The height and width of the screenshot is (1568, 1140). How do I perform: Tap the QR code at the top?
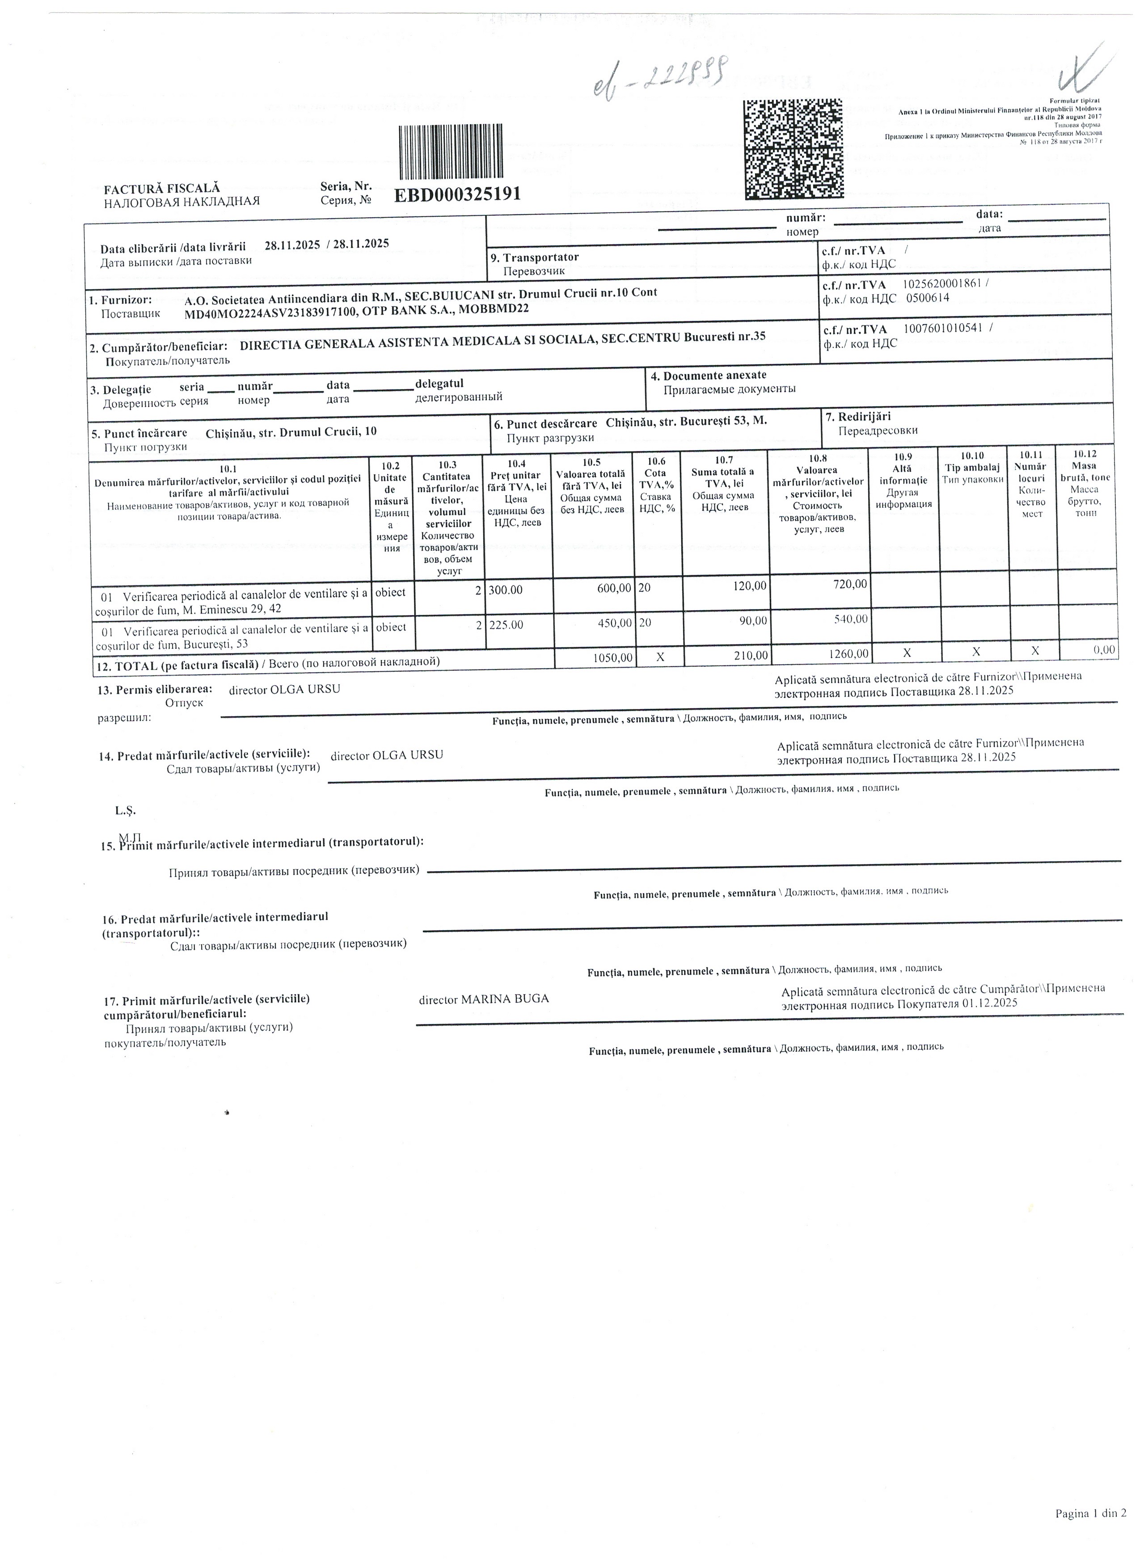pyautogui.click(x=793, y=149)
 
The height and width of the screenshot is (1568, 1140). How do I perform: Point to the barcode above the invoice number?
pyautogui.click(x=450, y=152)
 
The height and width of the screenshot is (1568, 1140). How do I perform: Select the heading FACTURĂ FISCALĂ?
pyautogui.click(x=162, y=188)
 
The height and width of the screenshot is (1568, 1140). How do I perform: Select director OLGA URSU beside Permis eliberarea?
pyautogui.click(x=284, y=689)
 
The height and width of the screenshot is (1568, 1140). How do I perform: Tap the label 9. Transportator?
pyautogui.click(x=534, y=257)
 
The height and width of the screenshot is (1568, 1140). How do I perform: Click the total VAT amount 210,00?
pyautogui.click(x=750, y=655)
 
